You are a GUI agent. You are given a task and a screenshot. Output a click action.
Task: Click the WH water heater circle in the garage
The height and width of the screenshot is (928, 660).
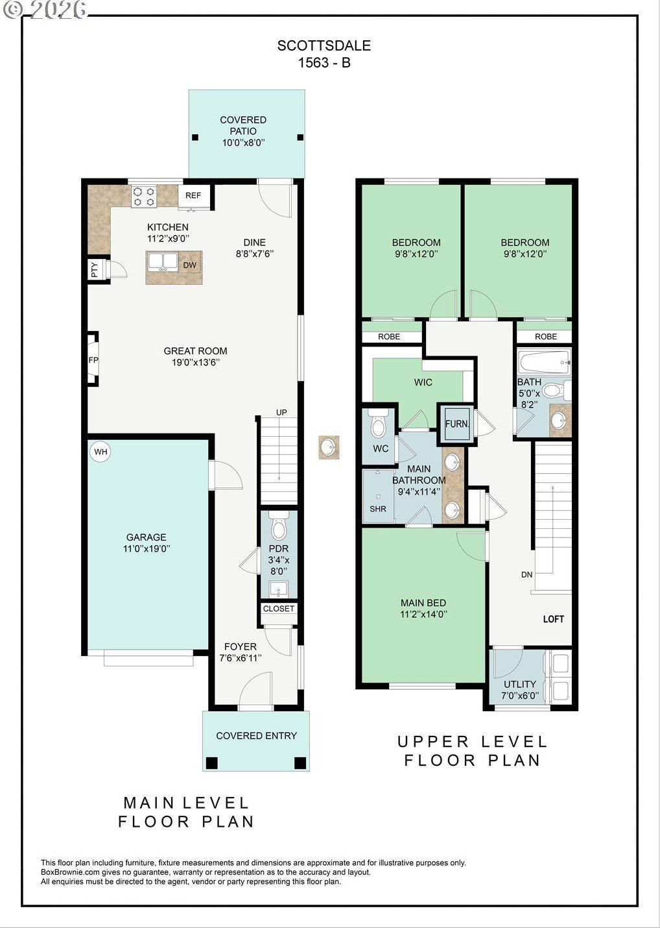coord(100,451)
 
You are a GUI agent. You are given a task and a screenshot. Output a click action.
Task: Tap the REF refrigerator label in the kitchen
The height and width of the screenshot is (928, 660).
coord(193,195)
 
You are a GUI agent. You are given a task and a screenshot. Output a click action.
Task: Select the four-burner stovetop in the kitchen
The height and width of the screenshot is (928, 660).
coord(143,197)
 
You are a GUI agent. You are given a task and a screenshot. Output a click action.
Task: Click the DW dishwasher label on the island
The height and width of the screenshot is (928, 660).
coord(189,265)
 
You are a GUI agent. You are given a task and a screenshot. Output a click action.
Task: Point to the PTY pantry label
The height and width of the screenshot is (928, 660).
coord(95,270)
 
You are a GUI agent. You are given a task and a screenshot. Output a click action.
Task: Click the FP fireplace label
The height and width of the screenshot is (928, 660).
coord(93,360)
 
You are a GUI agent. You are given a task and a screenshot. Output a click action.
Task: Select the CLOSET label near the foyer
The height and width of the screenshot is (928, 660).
coord(279,609)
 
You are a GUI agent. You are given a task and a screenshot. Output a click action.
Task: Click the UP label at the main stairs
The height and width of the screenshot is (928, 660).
coord(281,413)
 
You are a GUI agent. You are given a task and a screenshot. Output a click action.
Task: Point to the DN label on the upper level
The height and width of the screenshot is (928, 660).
coord(526,574)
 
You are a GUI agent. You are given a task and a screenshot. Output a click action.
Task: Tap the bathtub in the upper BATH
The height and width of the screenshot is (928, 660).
coord(544,362)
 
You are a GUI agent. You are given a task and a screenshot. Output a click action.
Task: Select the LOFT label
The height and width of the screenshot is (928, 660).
coord(553,619)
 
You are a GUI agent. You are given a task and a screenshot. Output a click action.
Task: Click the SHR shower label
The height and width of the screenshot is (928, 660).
coord(378,509)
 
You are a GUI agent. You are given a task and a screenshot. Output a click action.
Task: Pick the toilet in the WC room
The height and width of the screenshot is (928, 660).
coord(378,424)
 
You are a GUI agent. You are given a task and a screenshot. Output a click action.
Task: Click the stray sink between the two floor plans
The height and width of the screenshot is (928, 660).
coord(329,447)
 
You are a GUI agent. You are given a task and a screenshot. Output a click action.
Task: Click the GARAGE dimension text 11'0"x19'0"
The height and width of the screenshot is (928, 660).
coord(147,549)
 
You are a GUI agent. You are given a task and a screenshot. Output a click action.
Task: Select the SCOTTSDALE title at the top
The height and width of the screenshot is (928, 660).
coord(324,45)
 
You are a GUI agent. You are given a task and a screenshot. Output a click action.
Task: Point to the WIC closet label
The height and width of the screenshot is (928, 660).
coord(423,382)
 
